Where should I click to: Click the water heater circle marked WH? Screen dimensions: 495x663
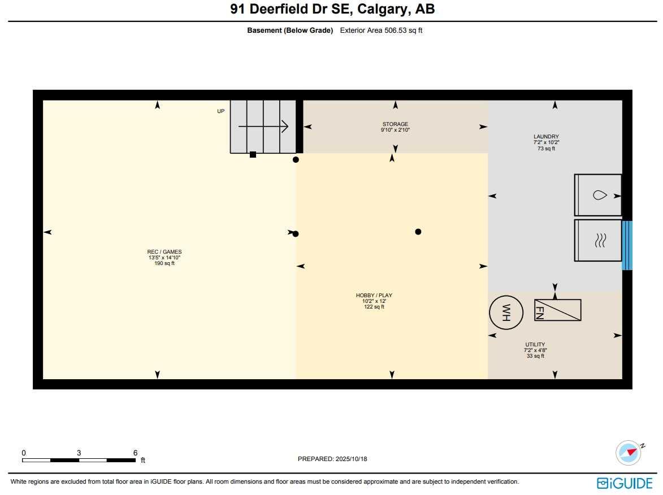coord(506,312)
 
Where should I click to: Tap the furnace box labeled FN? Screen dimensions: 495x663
coord(557,310)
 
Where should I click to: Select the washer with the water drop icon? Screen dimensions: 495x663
coord(598,195)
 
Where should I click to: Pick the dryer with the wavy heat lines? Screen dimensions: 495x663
coord(598,240)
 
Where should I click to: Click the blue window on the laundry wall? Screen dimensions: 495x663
coord(627,245)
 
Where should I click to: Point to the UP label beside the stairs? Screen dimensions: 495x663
coord(221,111)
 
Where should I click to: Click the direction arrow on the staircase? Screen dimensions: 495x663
coord(263,127)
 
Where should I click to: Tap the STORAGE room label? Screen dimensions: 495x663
coord(395,124)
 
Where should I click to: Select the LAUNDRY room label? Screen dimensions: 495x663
coord(546,137)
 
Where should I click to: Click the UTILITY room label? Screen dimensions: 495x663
coord(535,344)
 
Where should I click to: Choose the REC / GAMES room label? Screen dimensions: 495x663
coord(164,252)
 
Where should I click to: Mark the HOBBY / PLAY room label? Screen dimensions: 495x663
coord(374,296)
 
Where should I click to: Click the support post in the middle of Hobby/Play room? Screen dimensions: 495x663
coord(418,232)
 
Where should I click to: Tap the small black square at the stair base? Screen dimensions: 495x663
coord(253,154)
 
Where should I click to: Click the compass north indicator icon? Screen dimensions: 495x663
coord(629,452)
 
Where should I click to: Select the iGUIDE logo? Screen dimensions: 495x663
coord(625,483)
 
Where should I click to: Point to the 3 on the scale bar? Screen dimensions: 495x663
coord(79,453)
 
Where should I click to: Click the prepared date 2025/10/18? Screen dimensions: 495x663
coord(350,459)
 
